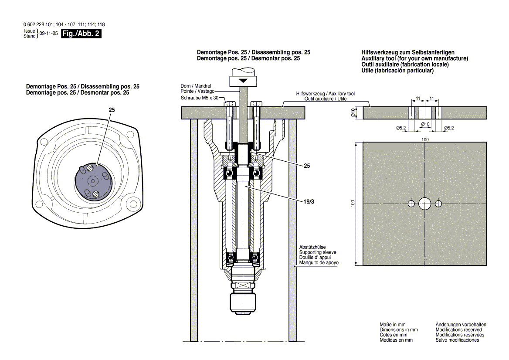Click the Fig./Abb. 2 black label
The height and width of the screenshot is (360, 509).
[x=81, y=34]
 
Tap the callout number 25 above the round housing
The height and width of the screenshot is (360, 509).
[x=112, y=111]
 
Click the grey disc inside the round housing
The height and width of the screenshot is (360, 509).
[x=93, y=181]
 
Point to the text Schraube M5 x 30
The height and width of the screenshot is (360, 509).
[x=200, y=98]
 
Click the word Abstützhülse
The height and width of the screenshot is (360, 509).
[x=312, y=247]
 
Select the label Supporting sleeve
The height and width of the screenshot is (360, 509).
[x=318, y=252]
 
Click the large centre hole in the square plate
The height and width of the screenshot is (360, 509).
[x=425, y=203]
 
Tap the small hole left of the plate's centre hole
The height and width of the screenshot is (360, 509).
[x=411, y=204]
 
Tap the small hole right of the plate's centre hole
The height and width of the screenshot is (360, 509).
[x=438, y=204]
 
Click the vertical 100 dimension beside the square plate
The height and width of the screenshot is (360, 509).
[x=353, y=203]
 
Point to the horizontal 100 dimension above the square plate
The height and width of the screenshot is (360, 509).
[x=425, y=139]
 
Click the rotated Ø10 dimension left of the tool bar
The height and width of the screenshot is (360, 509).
[x=353, y=112]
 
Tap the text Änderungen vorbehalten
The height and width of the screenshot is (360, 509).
[x=461, y=325]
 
